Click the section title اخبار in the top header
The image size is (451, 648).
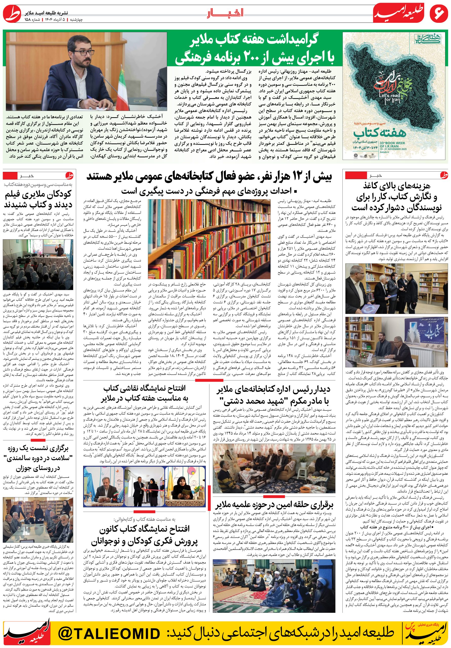(x=225, y=13)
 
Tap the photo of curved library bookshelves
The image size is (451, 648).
(x=209, y=239)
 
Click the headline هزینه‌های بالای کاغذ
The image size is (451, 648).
(x=396, y=197)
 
